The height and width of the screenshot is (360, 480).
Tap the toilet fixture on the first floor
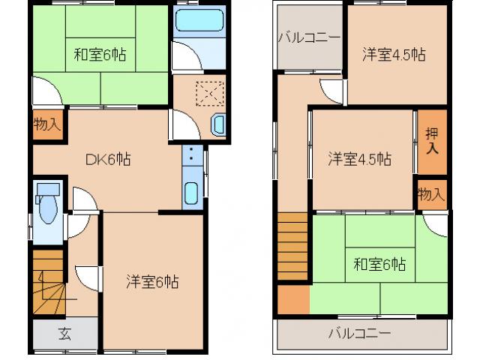click(47, 204)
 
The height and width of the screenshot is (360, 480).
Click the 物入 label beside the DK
click(46, 124)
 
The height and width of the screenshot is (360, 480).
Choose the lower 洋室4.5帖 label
click(359, 159)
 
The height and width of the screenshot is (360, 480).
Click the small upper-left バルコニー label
click(309, 37)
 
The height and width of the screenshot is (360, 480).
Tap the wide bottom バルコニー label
click(358, 333)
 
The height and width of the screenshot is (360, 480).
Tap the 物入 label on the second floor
click(431, 195)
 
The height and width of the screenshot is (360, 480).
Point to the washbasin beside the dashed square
click(218, 125)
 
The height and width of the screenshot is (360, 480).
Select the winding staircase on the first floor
click(48, 283)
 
